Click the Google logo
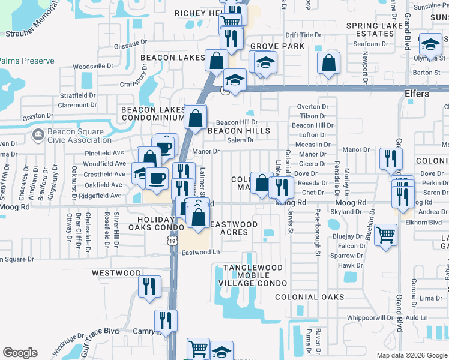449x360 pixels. [20, 353]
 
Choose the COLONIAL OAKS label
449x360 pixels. [310, 297]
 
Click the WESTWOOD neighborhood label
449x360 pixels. [116, 273]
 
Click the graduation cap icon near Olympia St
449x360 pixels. [430, 44]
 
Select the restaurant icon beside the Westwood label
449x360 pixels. [149, 286]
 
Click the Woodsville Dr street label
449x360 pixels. [93, 66]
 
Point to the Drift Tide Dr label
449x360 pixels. [303, 35]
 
